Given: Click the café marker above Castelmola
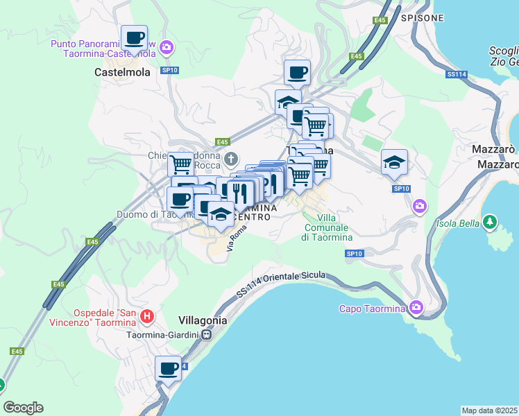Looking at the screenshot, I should [134, 37].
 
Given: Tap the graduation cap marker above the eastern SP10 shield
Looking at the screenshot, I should [394, 162].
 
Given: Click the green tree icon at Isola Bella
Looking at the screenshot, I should [490, 222].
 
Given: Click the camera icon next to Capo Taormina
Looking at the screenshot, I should [416, 306].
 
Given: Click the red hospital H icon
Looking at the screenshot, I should [146, 317].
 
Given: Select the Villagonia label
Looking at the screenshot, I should [203, 320].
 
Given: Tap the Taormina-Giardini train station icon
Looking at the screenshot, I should [207, 335].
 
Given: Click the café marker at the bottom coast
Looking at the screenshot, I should [168, 369].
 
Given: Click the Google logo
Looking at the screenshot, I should [23, 408].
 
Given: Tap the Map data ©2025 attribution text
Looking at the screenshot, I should [489, 410].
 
